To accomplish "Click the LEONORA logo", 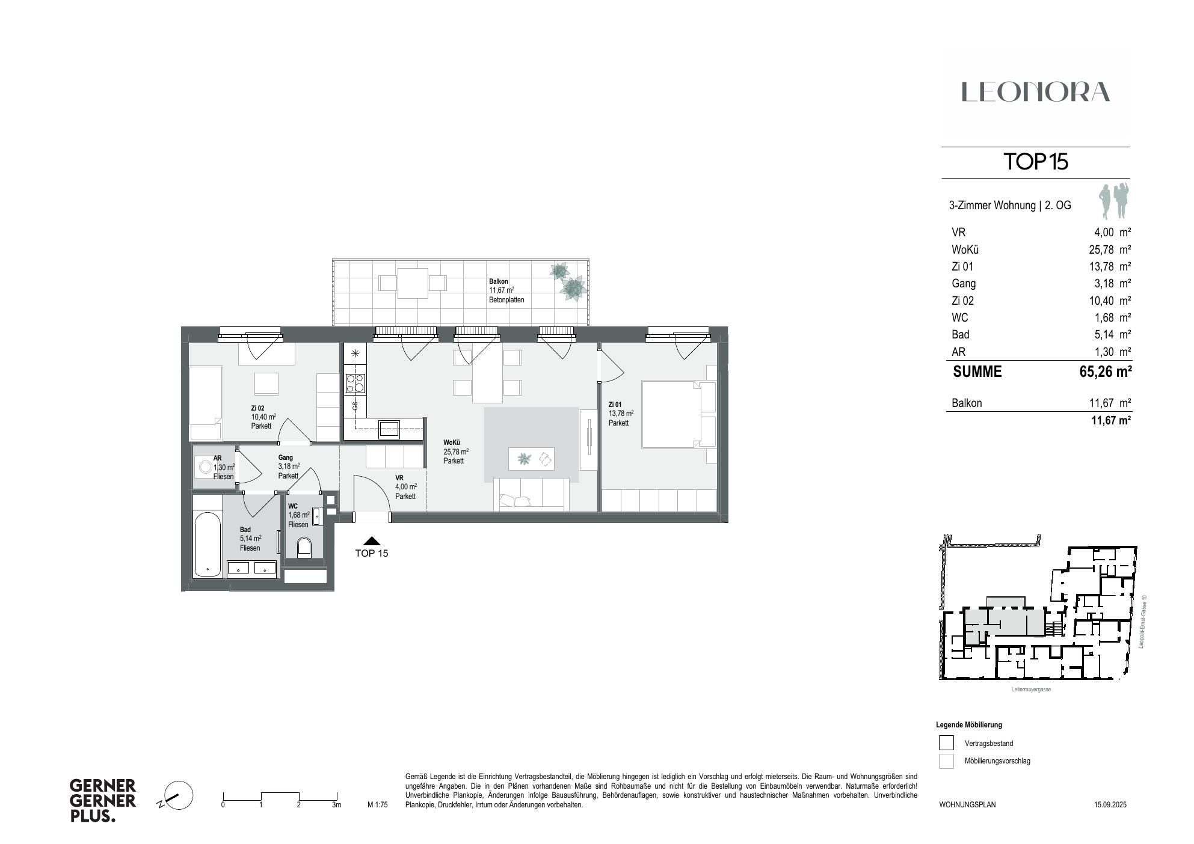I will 1035,92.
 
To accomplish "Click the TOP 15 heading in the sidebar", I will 1035,162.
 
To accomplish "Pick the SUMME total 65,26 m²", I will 1105,372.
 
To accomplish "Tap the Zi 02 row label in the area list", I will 962,301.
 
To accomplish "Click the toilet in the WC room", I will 304,547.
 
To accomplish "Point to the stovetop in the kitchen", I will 355,384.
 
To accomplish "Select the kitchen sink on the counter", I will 389,429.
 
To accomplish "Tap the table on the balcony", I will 413,283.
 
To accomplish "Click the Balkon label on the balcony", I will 499,281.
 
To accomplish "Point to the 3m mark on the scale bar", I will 336,804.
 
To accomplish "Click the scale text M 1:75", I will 378,804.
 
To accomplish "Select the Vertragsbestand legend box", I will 946,743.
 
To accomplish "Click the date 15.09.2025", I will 1110,804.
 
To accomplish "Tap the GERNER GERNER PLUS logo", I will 103,801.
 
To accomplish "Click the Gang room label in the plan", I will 286,457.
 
